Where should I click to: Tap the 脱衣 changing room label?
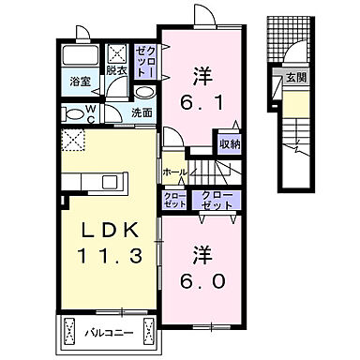click(x=115, y=70)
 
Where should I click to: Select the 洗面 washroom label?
click(x=142, y=113)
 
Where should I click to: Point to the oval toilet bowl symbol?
click(x=73, y=112)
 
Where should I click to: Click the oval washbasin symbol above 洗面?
click(x=143, y=94)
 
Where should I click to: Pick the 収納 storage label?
click(x=228, y=144)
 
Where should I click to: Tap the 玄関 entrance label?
click(x=293, y=78)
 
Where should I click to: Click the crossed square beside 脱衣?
click(x=117, y=52)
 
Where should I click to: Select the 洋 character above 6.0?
click(x=200, y=253)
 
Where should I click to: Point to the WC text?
click(x=92, y=112)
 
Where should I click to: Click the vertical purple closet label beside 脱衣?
click(x=142, y=62)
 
